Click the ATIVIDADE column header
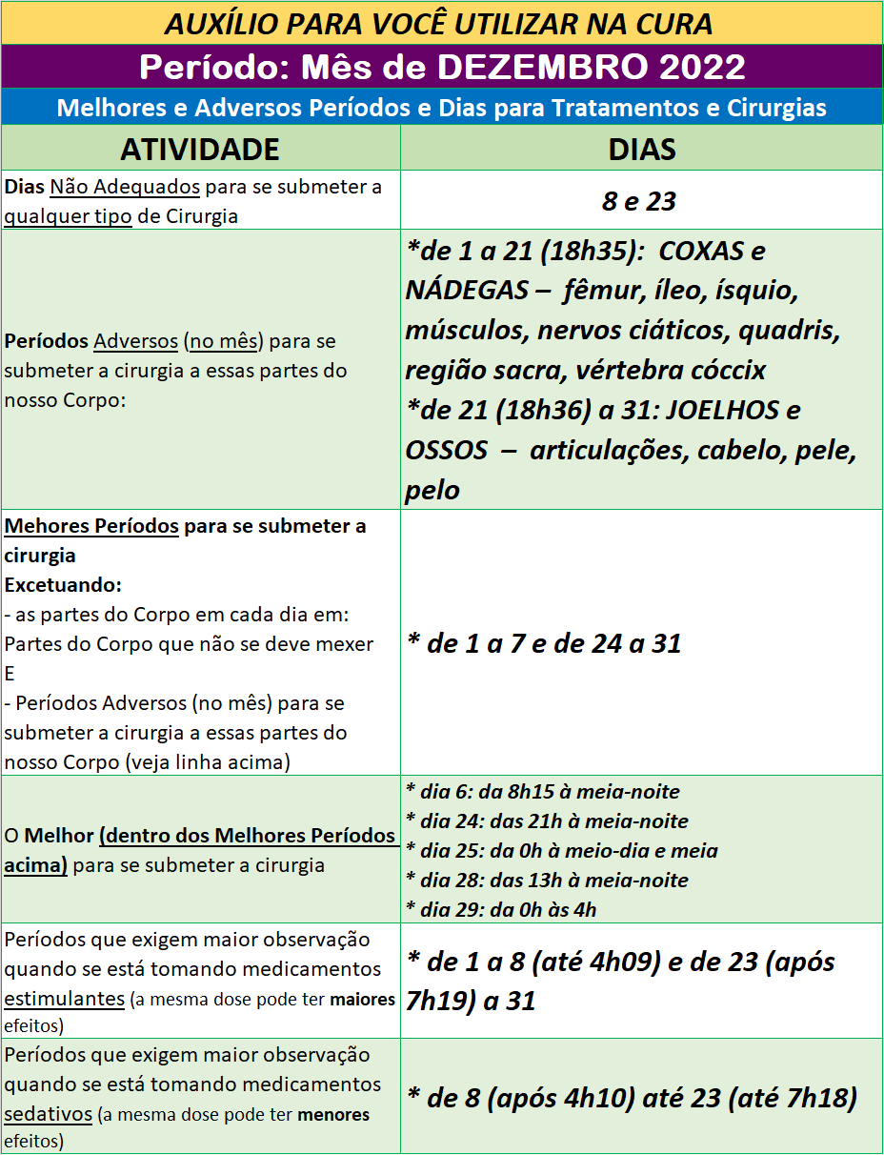pyautogui.click(x=199, y=149)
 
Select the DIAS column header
pyautogui.click(x=641, y=149)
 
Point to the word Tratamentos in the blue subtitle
pyautogui.click(x=623, y=107)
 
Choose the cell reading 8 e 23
pyautogui.click(x=638, y=201)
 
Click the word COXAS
pyautogui.click(x=699, y=252)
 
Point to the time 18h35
pyautogui.click(x=576, y=252)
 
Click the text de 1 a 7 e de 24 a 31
pyautogui.click(x=544, y=643)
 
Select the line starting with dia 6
pyautogui.click(x=542, y=791)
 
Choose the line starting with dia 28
pyautogui.click(x=547, y=880)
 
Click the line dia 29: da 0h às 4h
pyautogui.click(x=501, y=909)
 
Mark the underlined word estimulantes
pyautogui.click(x=65, y=999)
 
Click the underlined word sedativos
pyautogui.click(x=49, y=1114)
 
